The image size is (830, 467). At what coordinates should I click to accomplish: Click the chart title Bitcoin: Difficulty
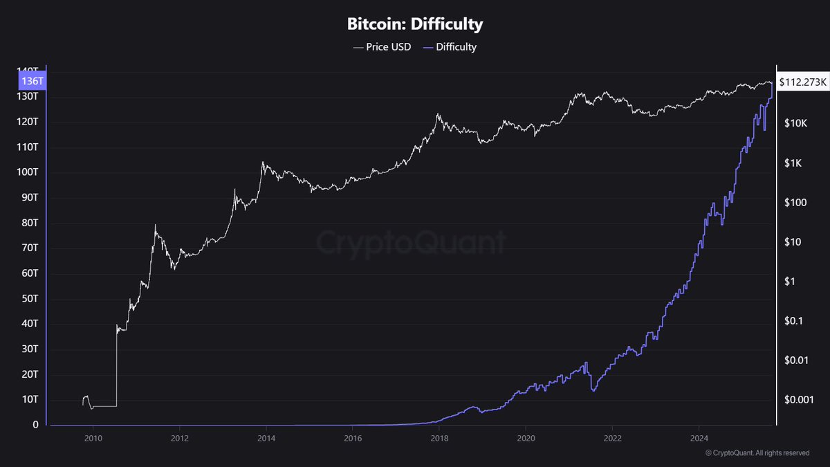pos(415,24)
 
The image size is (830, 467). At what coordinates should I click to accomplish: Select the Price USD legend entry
pos(381,47)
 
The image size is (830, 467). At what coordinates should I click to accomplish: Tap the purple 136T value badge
pos(33,81)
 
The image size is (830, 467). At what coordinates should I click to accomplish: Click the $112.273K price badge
pos(802,82)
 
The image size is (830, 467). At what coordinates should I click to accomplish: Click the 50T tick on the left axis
pos(30,299)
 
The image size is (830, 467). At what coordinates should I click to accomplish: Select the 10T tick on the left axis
pos(30,400)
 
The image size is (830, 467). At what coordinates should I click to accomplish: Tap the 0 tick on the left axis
pos(35,425)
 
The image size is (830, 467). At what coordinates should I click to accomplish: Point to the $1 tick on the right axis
pos(789,282)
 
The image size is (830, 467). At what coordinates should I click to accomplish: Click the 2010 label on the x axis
pos(93,438)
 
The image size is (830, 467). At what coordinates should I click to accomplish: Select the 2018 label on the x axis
pos(439,438)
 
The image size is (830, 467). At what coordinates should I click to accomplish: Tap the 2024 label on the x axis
pos(699,438)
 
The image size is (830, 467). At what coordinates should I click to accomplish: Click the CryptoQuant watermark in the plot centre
pos(412,243)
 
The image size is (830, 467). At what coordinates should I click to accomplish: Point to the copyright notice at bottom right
pos(757,453)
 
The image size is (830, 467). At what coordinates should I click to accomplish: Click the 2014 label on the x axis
pos(266,438)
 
